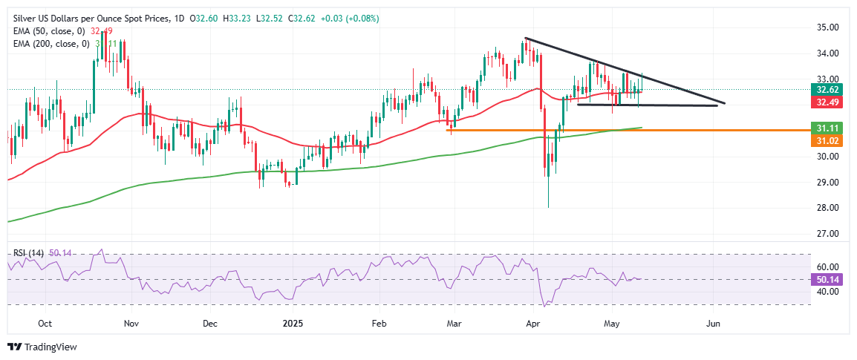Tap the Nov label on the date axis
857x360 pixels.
coord(131,324)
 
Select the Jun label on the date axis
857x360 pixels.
coord(713,324)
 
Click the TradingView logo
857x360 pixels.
coord(42,347)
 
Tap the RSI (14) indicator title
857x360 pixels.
coord(27,253)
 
